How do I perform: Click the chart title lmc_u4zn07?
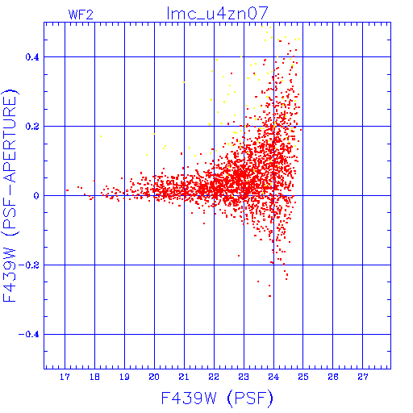(218, 13)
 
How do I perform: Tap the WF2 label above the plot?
(81, 15)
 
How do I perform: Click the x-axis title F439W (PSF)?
(217, 398)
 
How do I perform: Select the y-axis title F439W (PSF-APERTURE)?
(10, 195)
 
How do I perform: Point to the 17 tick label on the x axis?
(65, 377)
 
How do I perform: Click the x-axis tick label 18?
(94, 377)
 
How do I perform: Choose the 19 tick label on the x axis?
(124, 377)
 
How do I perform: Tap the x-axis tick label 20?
(154, 377)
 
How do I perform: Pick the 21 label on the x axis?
(184, 377)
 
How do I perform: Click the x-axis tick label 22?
(214, 377)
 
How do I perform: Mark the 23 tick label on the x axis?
(244, 377)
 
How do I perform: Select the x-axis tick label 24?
(273, 377)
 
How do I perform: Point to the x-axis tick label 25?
(303, 377)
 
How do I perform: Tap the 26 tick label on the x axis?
(333, 377)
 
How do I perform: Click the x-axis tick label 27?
(363, 377)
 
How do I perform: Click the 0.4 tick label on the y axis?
(32, 57)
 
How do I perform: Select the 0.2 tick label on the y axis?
(32, 127)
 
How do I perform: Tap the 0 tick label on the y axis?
(36, 196)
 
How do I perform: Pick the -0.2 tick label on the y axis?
(29, 265)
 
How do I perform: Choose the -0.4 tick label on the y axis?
(29, 335)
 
